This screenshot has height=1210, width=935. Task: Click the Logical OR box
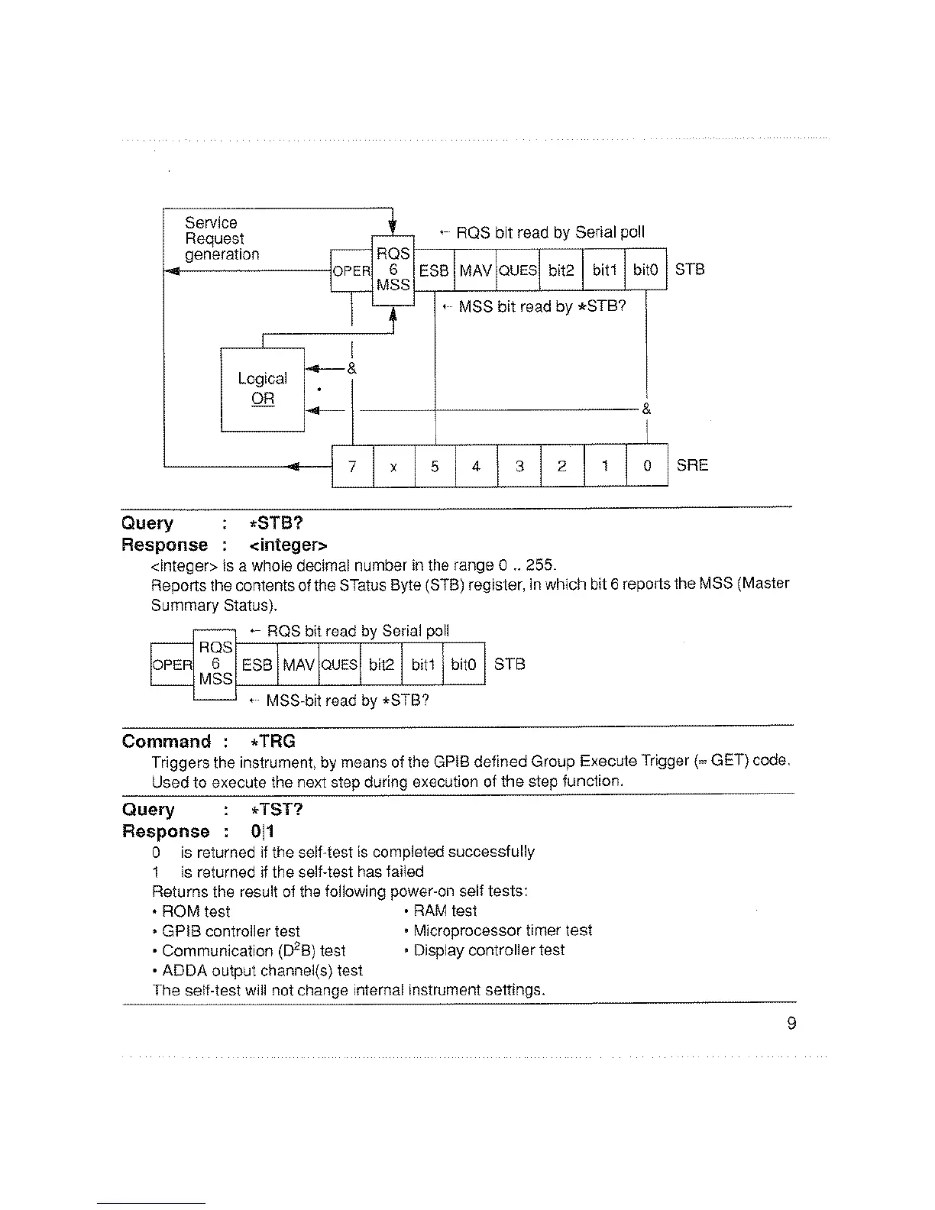tap(262, 389)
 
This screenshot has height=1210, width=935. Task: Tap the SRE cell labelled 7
tap(352, 465)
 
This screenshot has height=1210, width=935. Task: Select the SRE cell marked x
tap(393, 465)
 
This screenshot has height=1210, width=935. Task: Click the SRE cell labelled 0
tap(647, 465)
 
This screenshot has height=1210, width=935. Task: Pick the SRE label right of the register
tap(692, 465)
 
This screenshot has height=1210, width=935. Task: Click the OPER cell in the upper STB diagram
tap(351, 270)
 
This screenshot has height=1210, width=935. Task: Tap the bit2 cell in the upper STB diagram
tap(561, 270)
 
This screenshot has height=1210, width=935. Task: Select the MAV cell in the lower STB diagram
tap(299, 665)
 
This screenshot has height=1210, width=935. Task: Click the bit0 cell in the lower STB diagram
tap(464, 665)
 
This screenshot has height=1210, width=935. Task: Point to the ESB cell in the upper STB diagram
tap(434, 270)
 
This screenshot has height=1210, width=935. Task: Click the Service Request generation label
tap(222, 238)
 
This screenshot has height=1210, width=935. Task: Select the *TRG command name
tap(272, 742)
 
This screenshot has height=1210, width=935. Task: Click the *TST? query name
tap(276, 810)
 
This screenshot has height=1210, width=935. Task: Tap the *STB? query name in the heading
tap(276, 523)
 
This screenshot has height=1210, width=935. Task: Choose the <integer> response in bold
tap(288, 545)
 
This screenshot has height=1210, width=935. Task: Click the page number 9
tap(791, 1024)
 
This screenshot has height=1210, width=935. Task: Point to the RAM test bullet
tap(445, 911)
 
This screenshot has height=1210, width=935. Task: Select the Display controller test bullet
tap(488, 950)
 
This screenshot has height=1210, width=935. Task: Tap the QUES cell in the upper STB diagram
tap(518, 270)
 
